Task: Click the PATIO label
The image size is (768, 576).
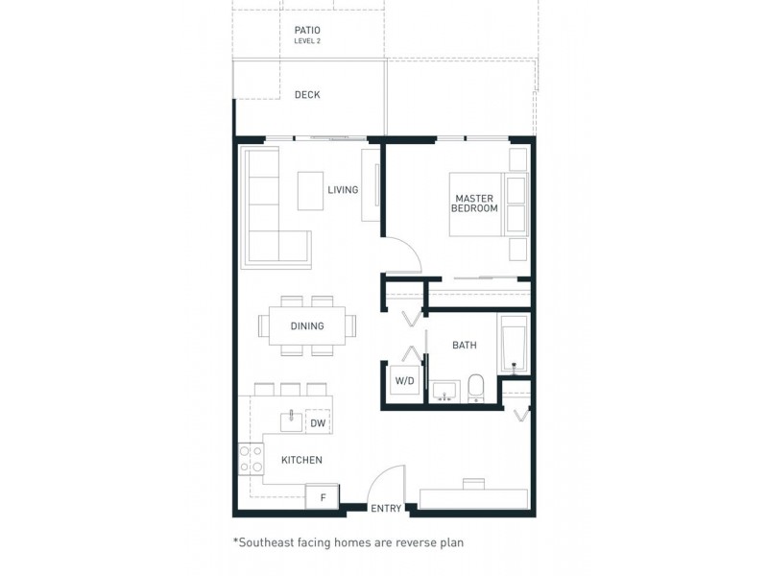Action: (x=307, y=31)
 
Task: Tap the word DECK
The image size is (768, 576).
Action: (x=307, y=94)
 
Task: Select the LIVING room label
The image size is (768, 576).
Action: (x=343, y=189)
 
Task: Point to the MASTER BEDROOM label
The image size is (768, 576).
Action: (x=474, y=204)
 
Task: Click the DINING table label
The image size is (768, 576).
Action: (x=307, y=325)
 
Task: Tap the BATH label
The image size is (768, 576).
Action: (x=465, y=345)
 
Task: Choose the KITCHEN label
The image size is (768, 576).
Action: (x=301, y=460)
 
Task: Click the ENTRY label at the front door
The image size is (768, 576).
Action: (x=386, y=509)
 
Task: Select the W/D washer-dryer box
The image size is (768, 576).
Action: (x=404, y=380)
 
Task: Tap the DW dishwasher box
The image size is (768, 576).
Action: (x=319, y=421)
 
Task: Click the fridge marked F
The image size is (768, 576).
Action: (x=323, y=497)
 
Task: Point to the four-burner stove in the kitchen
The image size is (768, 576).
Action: (x=252, y=459)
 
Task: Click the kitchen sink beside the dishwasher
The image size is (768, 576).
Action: (x=291, y=420)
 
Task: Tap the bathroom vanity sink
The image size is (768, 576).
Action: (x=444, y=391)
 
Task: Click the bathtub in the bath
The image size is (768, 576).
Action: (x=514, y=345)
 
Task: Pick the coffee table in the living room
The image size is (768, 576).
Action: (x=310, y=191)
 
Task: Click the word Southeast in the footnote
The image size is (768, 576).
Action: (x=263, y=542)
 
